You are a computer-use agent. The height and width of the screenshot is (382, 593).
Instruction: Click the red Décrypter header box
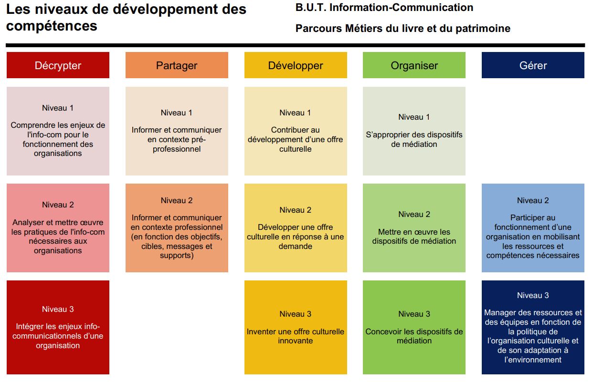[58, 65]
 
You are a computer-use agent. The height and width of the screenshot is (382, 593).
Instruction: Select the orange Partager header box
[177, 65]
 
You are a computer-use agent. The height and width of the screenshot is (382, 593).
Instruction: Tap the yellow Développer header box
[296, 65]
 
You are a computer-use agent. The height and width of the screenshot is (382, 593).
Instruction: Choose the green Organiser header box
[414, 65]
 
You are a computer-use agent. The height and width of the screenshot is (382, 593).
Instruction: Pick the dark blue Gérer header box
[533, 65]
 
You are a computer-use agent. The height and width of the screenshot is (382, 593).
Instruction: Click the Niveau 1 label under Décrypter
[58, 108]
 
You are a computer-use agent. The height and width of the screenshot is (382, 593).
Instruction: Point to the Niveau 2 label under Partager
[177, 200]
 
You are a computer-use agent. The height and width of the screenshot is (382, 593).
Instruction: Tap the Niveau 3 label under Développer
[296, 314]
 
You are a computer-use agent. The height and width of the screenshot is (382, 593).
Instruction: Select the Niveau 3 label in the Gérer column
[533, 295]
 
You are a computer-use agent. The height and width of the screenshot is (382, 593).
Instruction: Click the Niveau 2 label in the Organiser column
[414, 214]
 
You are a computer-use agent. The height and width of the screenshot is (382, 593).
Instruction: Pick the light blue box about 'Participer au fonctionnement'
[533, 228]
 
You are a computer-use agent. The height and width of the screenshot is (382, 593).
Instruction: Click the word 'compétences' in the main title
[52, 26]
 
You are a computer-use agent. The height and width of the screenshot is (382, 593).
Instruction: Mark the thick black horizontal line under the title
[295, 45]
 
